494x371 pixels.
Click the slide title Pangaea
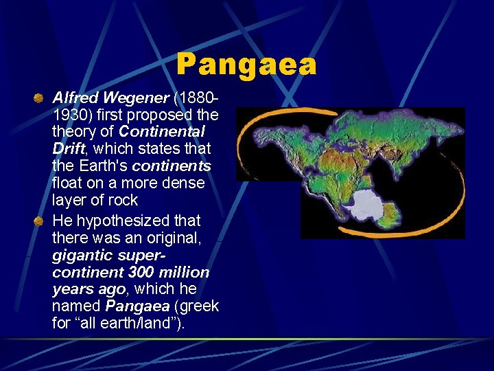coord(246,65)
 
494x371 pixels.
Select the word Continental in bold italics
coord(162,131)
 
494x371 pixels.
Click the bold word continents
coord(172,166)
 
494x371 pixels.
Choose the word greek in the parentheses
coord(199,306)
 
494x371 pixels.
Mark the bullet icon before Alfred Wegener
coord(40,98)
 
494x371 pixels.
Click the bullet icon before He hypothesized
coord(40,221)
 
